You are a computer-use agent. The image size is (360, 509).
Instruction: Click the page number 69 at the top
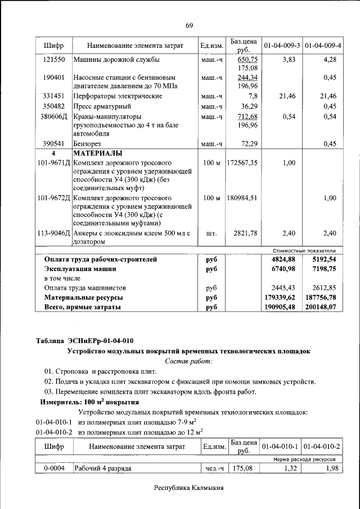[189, 25]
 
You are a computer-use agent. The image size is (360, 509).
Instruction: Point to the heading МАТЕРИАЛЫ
[98, 153]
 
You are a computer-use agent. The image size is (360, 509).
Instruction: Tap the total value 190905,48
[283, 307]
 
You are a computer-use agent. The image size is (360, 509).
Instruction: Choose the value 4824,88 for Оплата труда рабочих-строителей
[283, 259]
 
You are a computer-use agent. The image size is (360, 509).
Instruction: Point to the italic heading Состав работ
[188, 361]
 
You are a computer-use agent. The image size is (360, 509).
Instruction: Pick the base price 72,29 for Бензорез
[247, 144]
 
